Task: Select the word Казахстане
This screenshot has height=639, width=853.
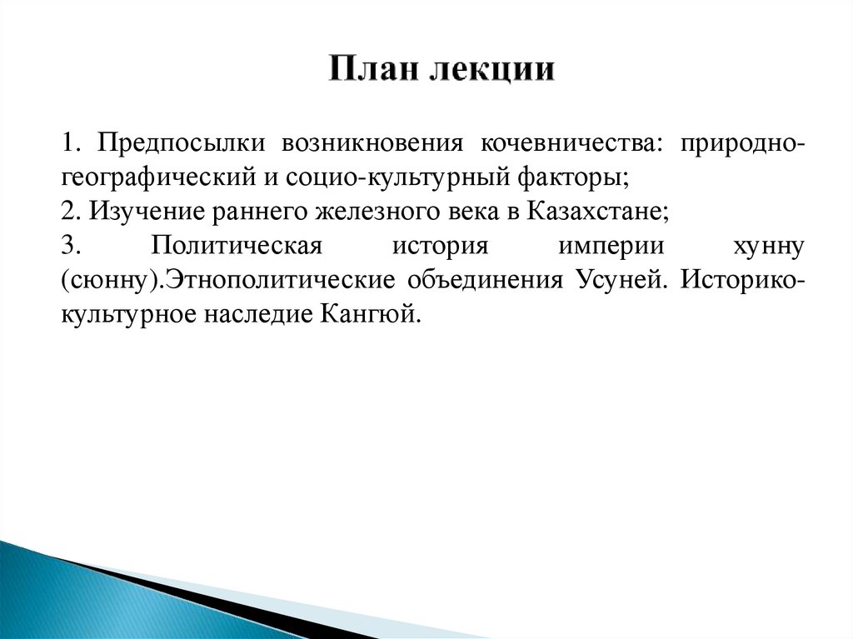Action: [598, 212]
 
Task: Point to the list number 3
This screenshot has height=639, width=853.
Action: [68, 247]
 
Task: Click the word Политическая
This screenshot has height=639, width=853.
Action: [237, 247]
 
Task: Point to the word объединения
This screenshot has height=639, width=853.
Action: [484, 280]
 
